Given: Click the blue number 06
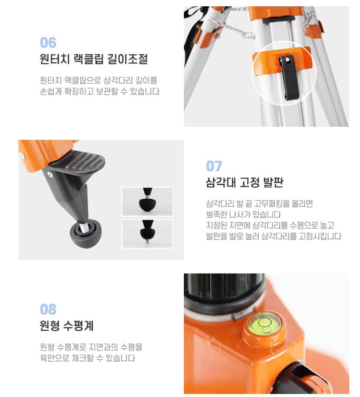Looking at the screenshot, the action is (x=48, y=43).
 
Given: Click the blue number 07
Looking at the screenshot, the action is (x=214, y=166).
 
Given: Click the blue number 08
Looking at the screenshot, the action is (x=48, y=309).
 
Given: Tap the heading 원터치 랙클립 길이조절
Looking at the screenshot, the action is (x=94, y=59).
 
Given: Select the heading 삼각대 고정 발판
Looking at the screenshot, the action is (x=244, y=182).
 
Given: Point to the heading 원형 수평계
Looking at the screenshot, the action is (x=67, y=325).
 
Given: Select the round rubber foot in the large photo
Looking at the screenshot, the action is (x=86, y=234).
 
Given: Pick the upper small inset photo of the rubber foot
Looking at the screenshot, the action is (x=148, y=201).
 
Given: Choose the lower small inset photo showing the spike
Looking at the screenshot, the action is (x=148, y=234).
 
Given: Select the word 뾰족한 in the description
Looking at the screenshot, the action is (x=217, y=214).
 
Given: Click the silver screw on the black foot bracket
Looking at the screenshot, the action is (x=50, y=174).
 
